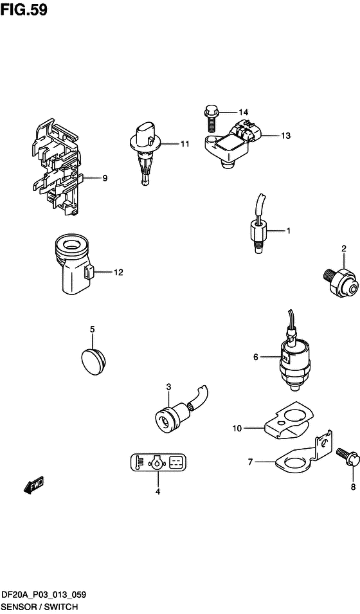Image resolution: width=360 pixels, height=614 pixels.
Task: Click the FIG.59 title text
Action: point(24,10)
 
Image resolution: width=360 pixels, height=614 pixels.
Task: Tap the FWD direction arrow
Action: point(33,485)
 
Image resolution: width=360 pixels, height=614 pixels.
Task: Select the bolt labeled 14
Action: point(211,117)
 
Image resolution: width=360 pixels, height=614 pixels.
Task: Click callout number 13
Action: point(285,136)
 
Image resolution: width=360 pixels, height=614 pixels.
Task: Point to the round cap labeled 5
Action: point(93,360)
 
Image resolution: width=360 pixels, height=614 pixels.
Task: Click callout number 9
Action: point(105,179)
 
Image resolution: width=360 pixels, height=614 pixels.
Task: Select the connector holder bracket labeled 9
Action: point(56,167)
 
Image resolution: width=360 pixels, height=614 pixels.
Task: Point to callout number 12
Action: point(118,272)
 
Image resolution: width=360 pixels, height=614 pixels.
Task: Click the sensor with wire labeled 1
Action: point(259,222)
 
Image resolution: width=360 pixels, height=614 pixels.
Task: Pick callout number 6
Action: point(256,357)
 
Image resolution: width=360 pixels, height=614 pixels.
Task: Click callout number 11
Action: point(184,144)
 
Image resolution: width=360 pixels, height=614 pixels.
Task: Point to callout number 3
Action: point(168,387)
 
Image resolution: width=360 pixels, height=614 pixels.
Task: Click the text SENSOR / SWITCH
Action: point(39,606)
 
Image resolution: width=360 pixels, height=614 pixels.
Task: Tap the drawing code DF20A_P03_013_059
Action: point(44,595)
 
